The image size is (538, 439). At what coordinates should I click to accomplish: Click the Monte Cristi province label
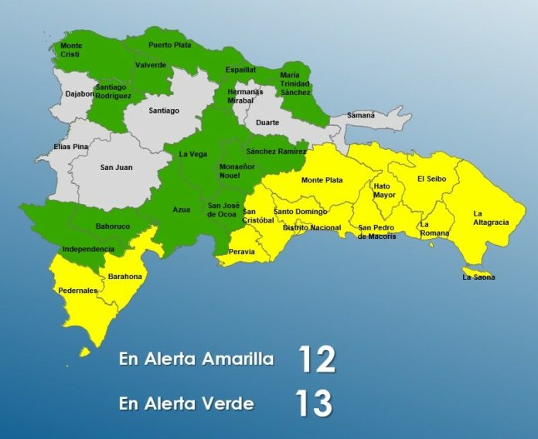[x=71, y=50]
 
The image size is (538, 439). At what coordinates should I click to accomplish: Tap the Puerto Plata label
[x=170, y=45]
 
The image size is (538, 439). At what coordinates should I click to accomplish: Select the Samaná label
[x=361, y=115]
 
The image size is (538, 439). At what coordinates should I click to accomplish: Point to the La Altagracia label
[x=491, y=218]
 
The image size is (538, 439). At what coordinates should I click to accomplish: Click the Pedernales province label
[x=78, y=291]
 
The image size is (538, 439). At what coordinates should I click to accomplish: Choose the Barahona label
[x=126, y=275]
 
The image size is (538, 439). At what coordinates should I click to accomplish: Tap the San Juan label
[x=117, y=167]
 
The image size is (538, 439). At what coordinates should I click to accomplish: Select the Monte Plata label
[x=322, y=180]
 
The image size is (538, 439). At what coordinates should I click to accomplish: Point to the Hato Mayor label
[x=384, y=190]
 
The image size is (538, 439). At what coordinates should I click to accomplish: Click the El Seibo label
[x=431, y=179]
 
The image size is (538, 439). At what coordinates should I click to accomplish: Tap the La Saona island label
[x=478, y=277]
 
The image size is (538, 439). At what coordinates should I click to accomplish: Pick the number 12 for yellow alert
[x=316, y=359]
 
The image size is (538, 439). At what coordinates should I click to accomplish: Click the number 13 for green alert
[x=313, y=403]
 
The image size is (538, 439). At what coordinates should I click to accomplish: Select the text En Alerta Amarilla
[x=196, y=359]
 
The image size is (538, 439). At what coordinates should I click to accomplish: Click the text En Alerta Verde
[x=186, y=403]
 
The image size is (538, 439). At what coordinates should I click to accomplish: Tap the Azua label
[x=181, y=209]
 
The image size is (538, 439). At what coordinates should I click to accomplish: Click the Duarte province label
[x=267, y=122]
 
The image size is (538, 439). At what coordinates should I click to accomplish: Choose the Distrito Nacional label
[x=312, y=228]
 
